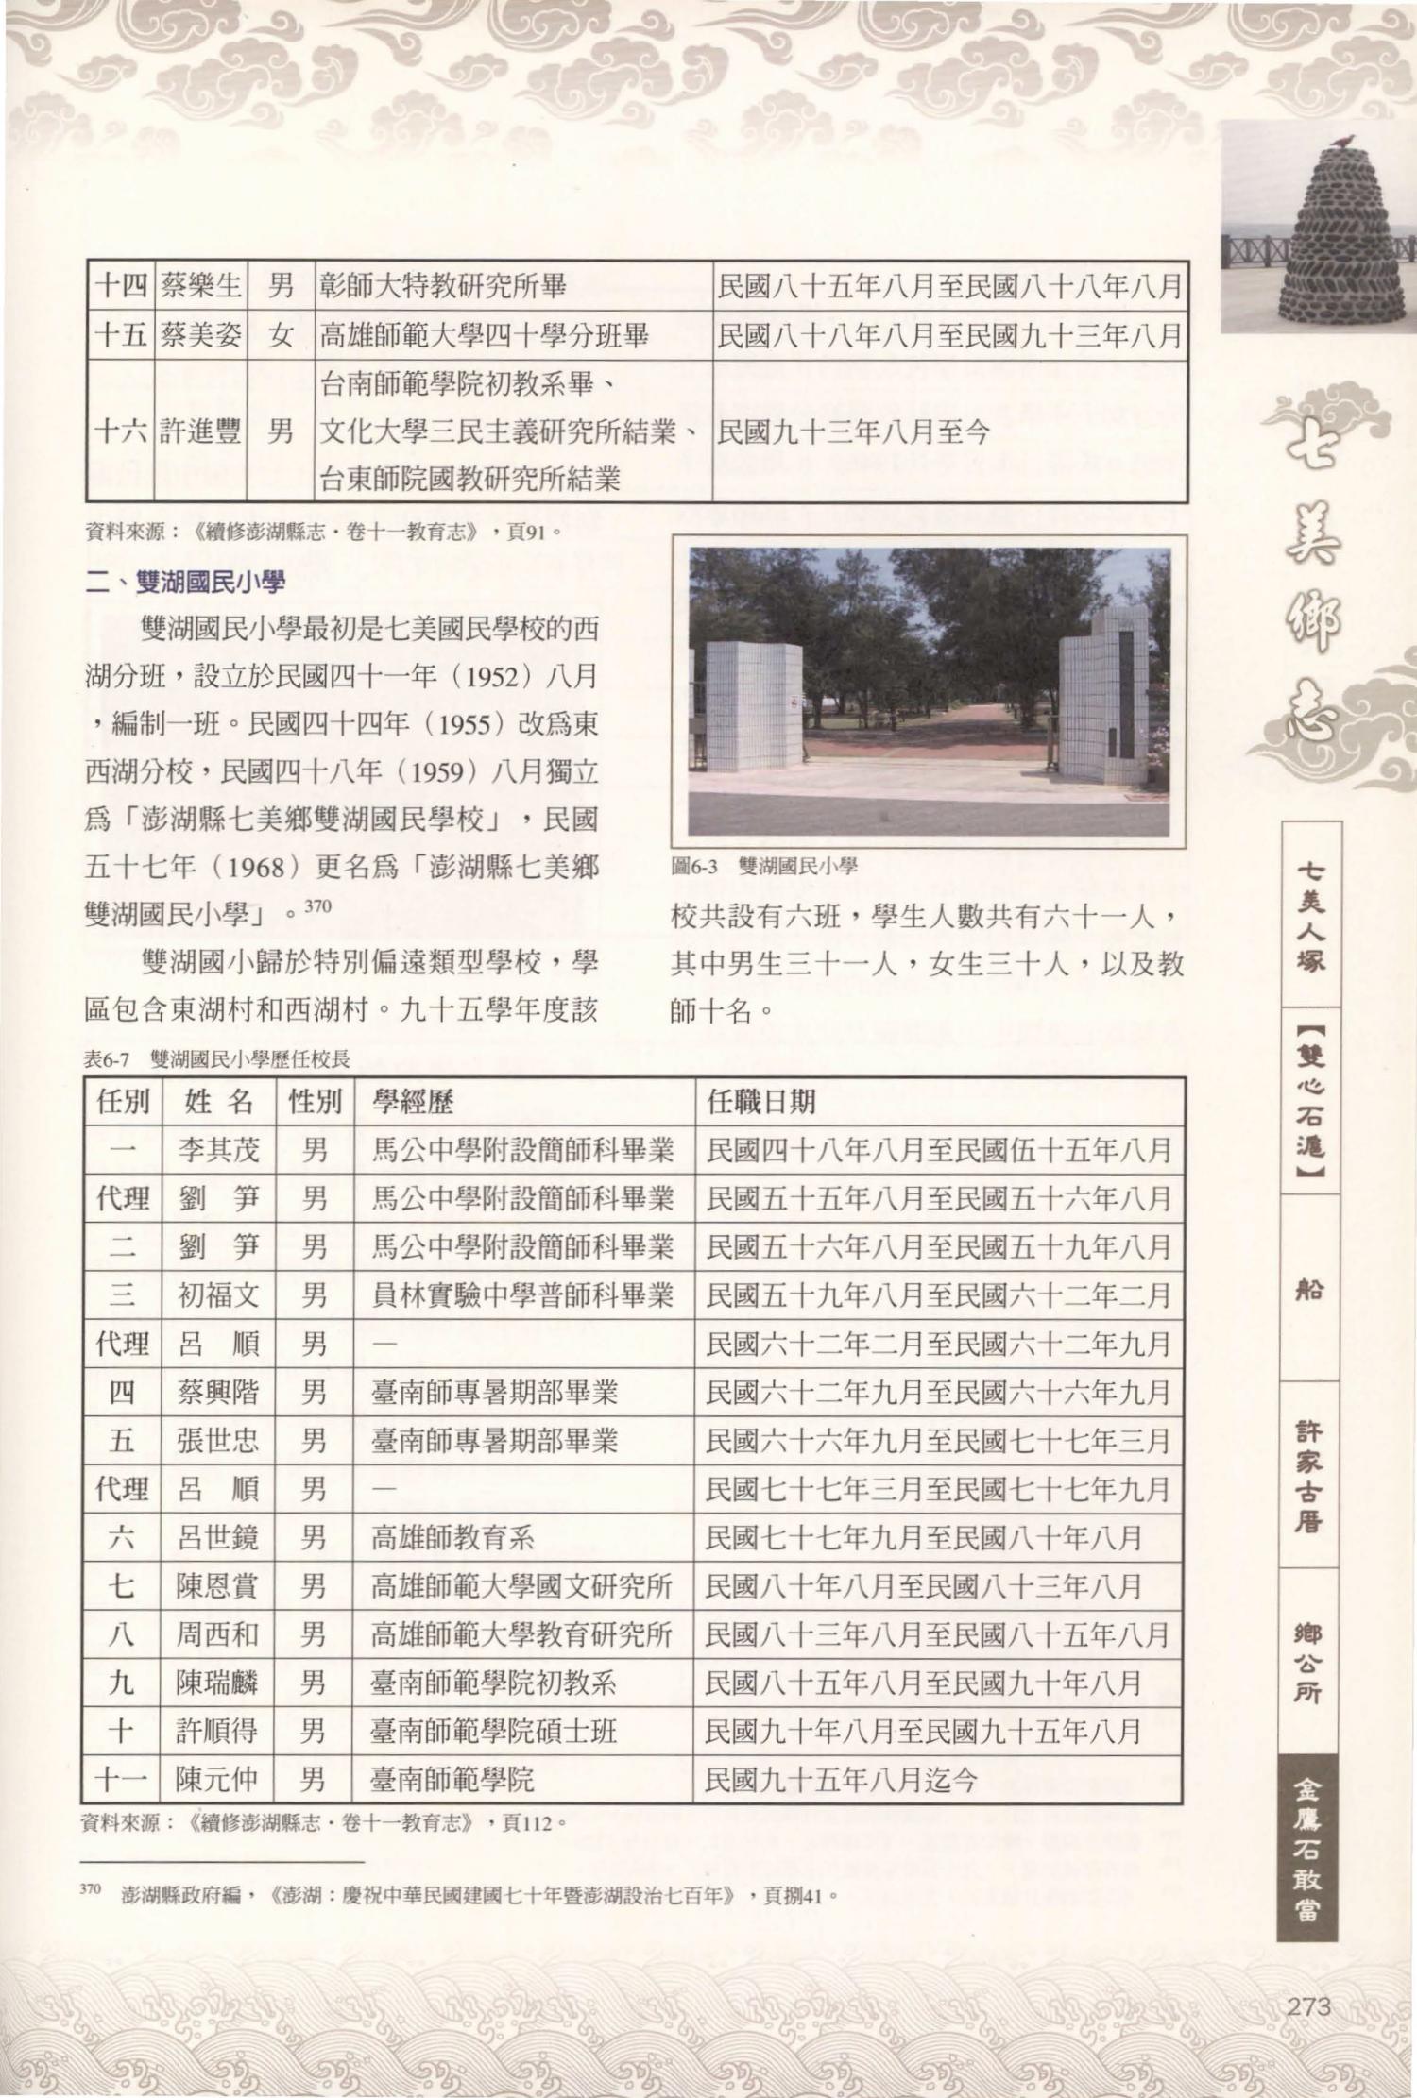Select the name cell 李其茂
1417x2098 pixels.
click(x=218, y=1150)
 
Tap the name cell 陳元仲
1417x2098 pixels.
click(x=217, y=1781)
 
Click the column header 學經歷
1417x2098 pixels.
click(x=413, y=1102)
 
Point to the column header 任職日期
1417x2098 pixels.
click(x=760, y=1102)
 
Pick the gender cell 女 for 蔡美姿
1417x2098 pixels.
click(x=280, y=334)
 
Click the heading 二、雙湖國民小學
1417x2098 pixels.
click(x=185, y=583)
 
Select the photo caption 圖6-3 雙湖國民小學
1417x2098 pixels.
click(x=763, y=865)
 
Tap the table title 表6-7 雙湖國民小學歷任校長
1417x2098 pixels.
click(x=217, y=1059)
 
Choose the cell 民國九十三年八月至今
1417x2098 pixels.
click(x=853, y=432)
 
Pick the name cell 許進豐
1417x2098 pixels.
click(x=199, y=432)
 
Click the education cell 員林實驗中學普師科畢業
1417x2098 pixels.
click(x=521, y=1295)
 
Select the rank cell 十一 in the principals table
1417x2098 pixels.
click(x=123, y=1781)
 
